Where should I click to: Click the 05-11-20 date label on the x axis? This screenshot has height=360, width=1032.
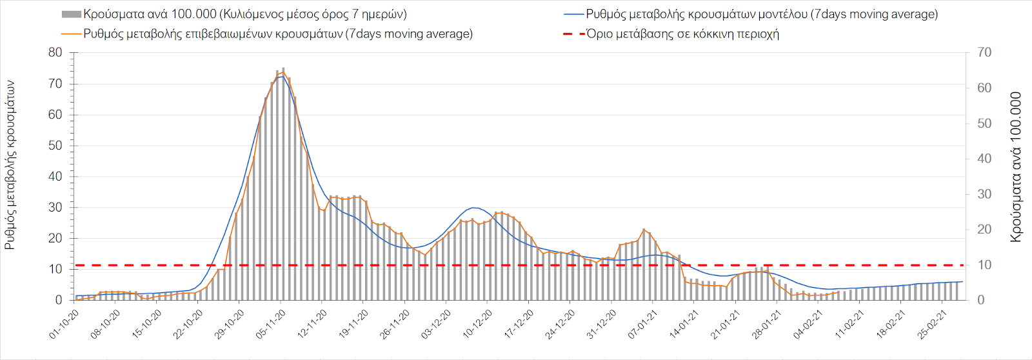click(x=271, y=325)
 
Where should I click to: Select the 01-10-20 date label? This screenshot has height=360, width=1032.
click(x=64, y=325)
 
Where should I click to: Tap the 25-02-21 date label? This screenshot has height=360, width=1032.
click(x=932, y=325)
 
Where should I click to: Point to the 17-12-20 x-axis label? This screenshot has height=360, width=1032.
click(x=519, y=325)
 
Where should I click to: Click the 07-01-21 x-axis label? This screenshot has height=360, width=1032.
click(x=642, y=325)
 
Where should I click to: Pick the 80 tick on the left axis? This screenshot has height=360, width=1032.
click(x=55, y=53)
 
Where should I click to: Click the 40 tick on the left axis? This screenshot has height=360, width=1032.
click(x=55, y=176)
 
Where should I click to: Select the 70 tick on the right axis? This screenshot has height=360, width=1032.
click(x=984, y=53)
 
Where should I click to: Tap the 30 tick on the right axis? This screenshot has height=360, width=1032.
click(x=984, y=194)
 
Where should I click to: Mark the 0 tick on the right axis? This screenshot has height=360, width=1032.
click(x=981, y=300)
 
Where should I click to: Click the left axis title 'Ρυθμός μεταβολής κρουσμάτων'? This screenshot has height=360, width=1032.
click(x=10, y=165)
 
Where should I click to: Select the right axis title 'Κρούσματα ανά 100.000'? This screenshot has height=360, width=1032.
click(x=1017, y=167)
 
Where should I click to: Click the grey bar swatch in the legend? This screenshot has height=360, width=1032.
click(x=71, y=14)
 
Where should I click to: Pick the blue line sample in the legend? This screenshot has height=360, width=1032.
click(x=573, y=14)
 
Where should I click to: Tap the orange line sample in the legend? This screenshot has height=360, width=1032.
click(x=71, y=34)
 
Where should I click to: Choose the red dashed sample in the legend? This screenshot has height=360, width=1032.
click(x=573, y=34)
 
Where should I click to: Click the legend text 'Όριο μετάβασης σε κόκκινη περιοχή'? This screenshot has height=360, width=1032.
click(x=682, y=34)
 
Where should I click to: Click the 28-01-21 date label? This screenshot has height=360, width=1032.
click(x=766, y=325)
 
